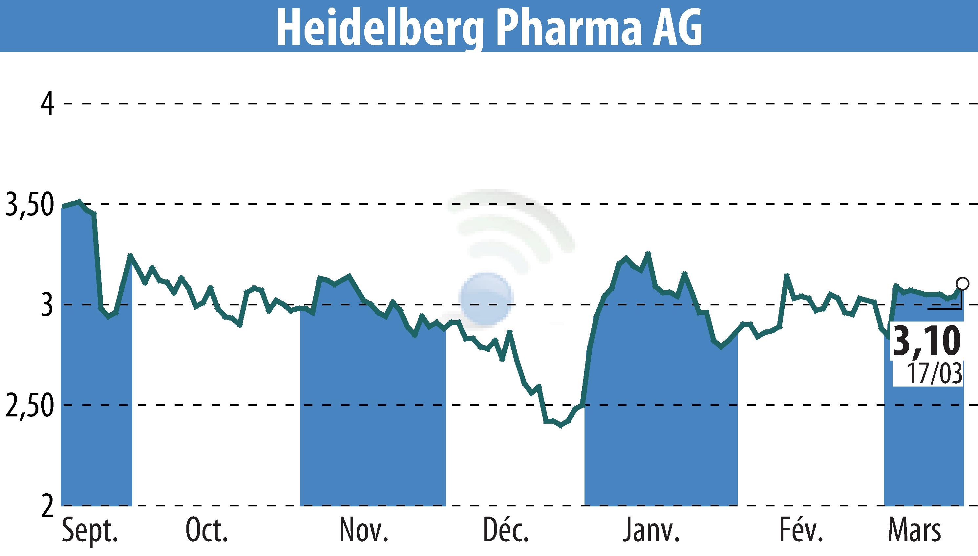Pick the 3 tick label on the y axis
[48, 305]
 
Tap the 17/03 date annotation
[934, 373]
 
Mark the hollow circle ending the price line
[962, 284]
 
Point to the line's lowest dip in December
[561, 426]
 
